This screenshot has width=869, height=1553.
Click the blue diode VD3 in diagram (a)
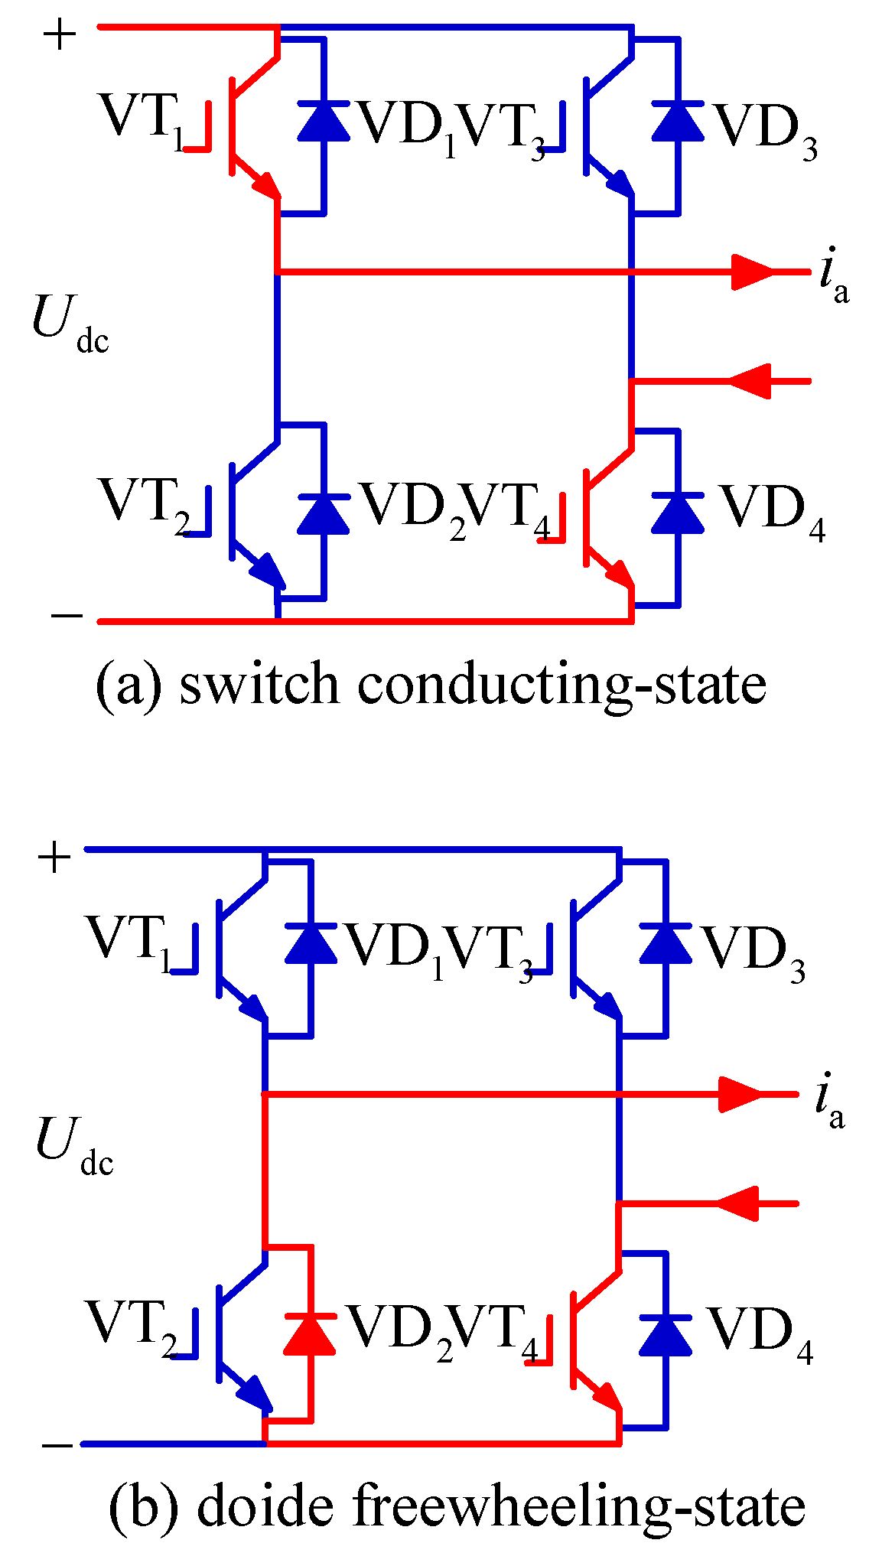(x=678, y=122)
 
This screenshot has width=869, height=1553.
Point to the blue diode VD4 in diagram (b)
(x=666, y=1335)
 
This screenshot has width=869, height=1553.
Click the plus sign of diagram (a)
(x=60, y=34)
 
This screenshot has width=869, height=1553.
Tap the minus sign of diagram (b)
(x=57, y=1445)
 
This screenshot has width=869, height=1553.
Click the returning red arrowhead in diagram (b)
(x=739, y=1203)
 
